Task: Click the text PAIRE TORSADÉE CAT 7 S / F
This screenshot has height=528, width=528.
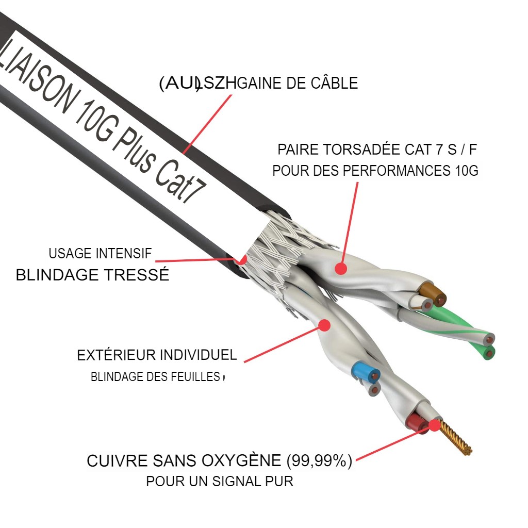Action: coord(377,150)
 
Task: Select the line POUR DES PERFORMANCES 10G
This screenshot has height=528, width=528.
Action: coord(375,171)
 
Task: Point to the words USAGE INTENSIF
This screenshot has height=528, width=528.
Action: coord(100,254)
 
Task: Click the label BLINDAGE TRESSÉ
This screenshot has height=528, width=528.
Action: coord(92,275)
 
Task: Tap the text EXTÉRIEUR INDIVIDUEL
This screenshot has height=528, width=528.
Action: coord(157,355)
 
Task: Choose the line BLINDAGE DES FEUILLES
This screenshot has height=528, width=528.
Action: coord(155,377)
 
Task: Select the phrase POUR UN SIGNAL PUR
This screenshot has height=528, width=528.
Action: coord(220,482)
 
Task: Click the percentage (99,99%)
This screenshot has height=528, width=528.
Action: coord(319,460)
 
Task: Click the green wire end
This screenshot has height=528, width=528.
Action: coord(488,352)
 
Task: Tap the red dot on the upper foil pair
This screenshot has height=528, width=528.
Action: coord(340,268)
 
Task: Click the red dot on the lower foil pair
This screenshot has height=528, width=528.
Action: coord(324,325)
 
